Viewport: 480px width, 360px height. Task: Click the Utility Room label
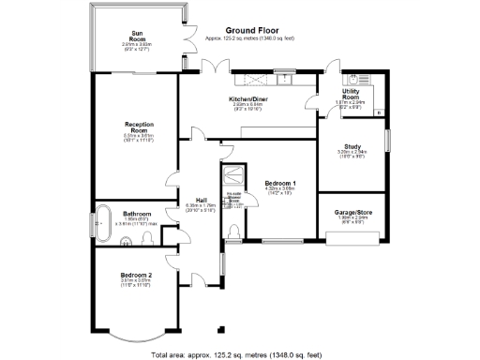352,95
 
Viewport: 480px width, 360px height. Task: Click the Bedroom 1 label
279,183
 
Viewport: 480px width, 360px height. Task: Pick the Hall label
201,199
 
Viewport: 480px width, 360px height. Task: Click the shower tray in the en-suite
231,178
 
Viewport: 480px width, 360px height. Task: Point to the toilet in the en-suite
232,232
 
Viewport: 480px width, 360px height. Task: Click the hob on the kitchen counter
250,77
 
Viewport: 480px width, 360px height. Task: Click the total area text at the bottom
239,354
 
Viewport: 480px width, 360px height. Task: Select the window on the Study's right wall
386,146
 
